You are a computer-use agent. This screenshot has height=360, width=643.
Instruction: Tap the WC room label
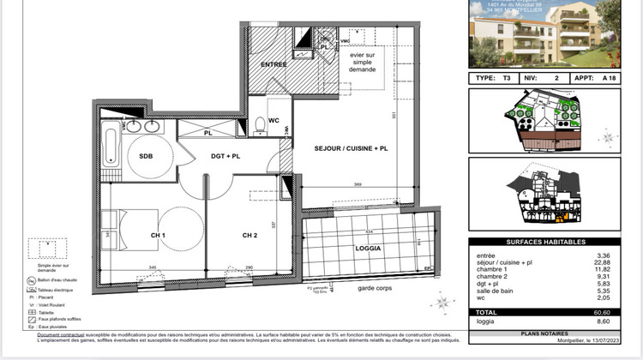[x=273, y=121]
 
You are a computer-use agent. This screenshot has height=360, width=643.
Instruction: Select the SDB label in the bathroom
[x=140, y=156]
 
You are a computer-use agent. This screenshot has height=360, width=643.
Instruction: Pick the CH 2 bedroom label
[x=249, y=235]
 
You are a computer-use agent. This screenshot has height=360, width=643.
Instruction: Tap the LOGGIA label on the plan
[x=366, y=249]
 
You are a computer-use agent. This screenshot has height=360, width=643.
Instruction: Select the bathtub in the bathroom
[x=111, y=147]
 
